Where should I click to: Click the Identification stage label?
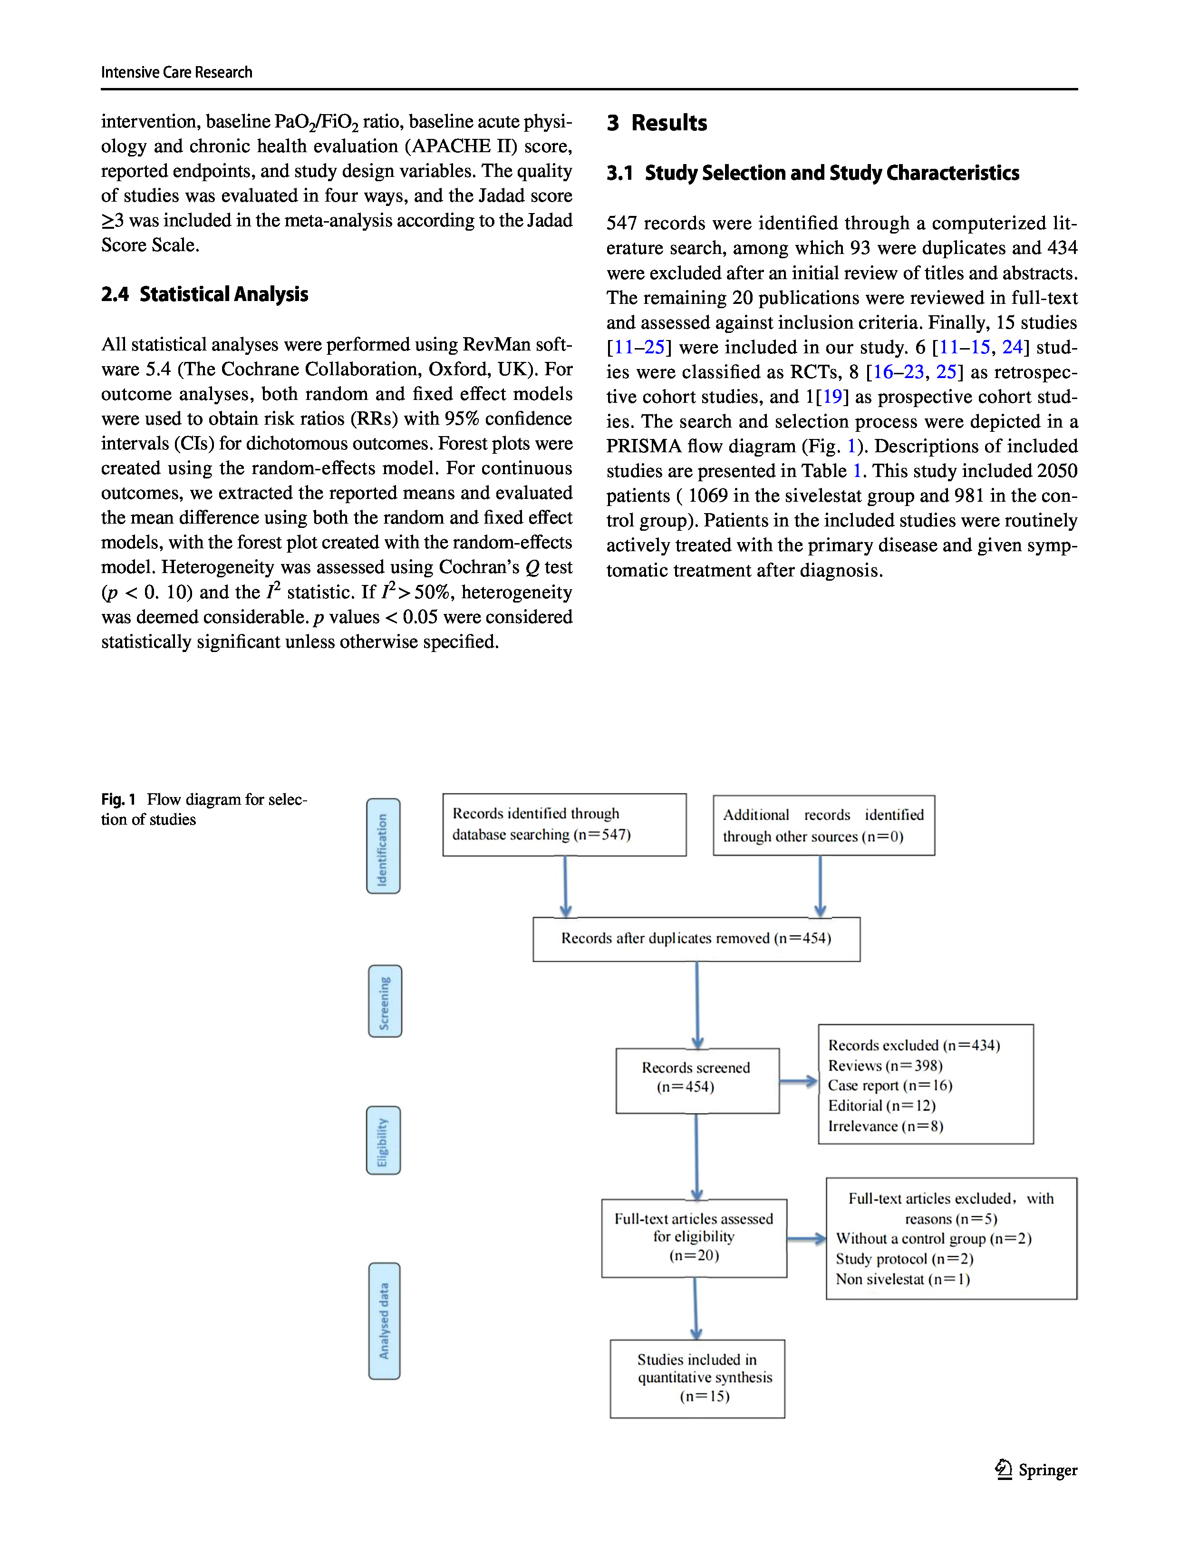click(x=383, y=846)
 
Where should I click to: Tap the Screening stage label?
click(x=385, y=1001)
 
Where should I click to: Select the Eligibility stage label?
click(x=383, y=1140)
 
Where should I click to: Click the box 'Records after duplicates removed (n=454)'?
click(x=696, y=939)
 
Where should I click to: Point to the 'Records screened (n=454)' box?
click(x=697, y=1080)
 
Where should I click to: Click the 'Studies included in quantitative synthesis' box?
click(x=697, y=1378)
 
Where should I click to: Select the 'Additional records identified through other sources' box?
click(x=823, y=825)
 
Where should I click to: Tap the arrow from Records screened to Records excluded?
click(x=799, y=1081)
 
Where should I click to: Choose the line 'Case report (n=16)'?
click(x=890, y=1085)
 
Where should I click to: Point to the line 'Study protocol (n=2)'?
click(x=904, y=1259)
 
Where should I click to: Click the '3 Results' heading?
click(x=657, y=123)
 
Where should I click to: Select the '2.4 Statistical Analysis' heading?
click(x=204, y=294)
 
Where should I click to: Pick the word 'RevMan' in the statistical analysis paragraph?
click(x=496, y=344)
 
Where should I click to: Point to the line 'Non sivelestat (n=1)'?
click(x=902, y=1279)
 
